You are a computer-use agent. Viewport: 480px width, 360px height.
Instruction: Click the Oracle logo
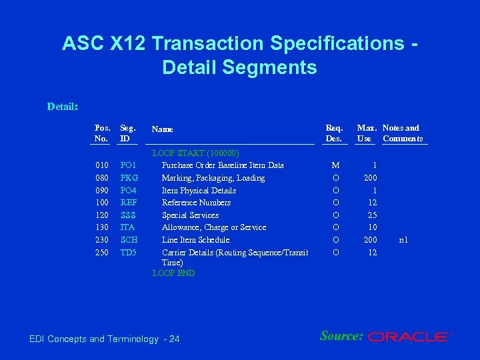409,337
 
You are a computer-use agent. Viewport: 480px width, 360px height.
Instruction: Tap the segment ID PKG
128,178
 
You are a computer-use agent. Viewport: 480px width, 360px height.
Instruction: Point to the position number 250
102,253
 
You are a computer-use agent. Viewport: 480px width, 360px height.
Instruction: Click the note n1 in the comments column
403,240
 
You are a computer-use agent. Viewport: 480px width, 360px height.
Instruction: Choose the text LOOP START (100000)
195,153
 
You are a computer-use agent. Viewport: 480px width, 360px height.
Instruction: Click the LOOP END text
173,273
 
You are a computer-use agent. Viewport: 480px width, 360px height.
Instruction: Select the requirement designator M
335,165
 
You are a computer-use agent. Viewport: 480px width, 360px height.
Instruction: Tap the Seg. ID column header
127,133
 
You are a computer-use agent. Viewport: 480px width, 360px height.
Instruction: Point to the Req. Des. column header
334,133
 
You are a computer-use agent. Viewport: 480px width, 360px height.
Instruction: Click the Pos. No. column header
103,133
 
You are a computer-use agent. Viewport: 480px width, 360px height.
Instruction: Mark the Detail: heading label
63,106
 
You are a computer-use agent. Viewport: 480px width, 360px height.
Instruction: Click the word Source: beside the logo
341,336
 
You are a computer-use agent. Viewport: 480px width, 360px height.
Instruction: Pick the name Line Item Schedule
195,240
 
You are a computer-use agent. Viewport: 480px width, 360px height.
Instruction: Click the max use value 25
373,215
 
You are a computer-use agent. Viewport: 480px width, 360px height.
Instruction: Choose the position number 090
102,191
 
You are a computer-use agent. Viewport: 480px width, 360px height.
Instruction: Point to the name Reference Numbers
196,203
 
